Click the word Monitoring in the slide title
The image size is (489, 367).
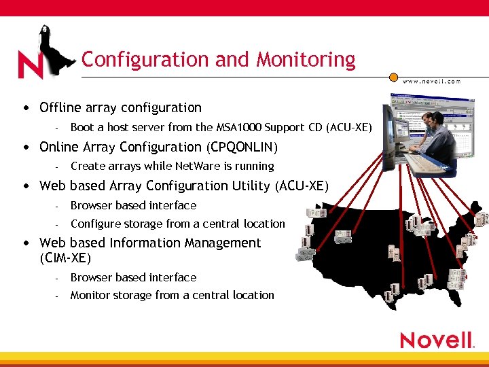pyautogui.click(x=306, y=60)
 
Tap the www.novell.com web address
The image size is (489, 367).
pyautogui.click(x=431, y=81)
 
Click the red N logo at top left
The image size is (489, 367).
pyautogui.click(x=31, y=66)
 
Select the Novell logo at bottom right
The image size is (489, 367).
pyautogui.click(x=436, y=340)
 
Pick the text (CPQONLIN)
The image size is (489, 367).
pyautogui.click(x=242, y=147)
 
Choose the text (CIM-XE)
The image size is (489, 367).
pyautogui.click(x=65, y=258)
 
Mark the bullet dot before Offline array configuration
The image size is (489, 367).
pyautogui.click(x=25, y=108)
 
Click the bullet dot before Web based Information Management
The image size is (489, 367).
pyautogui.click(x=25, y=243)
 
